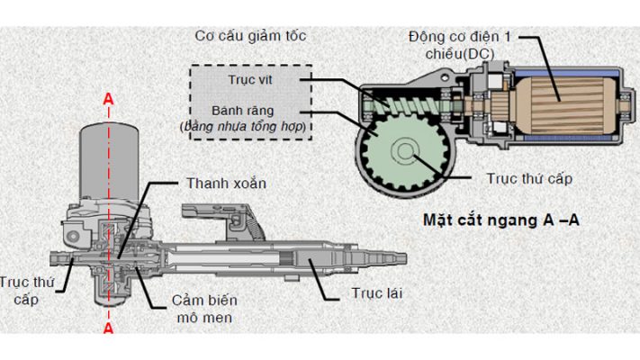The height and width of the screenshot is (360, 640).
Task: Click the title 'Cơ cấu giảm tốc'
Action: click(251, 36)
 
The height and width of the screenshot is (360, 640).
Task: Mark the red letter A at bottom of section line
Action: click(109, 330)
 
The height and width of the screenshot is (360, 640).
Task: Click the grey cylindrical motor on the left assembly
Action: click(108, 162)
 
